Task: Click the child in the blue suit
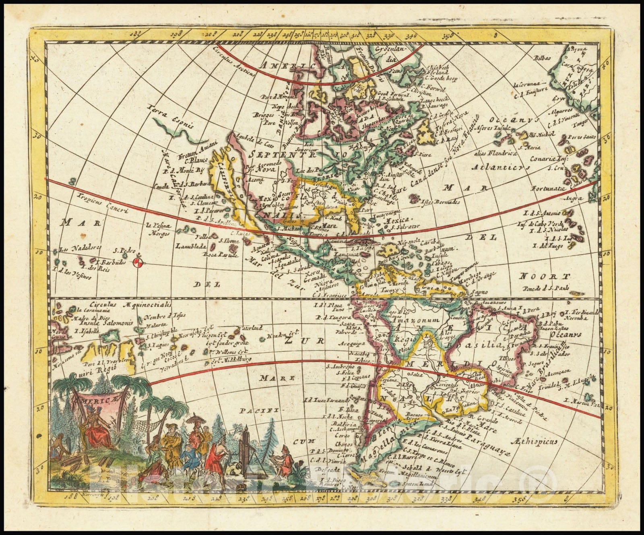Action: [186, 461]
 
